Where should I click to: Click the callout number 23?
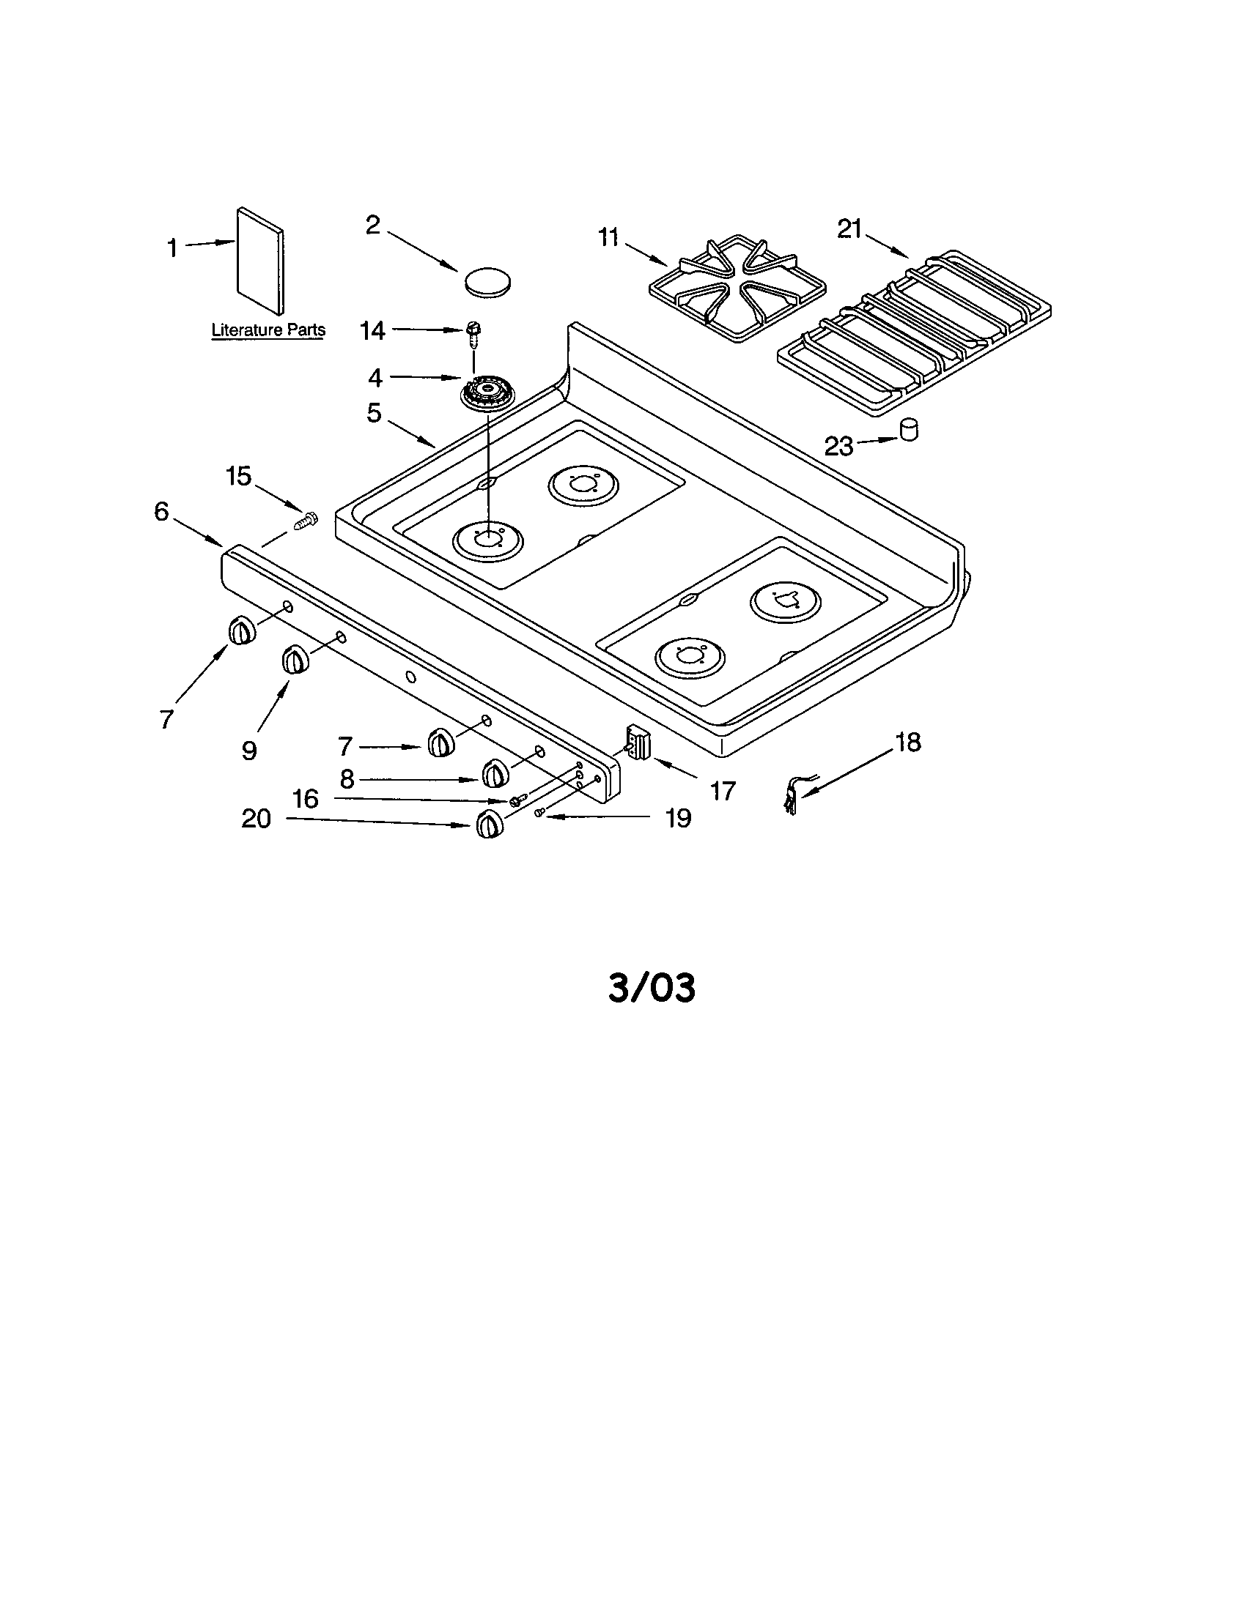pos(838,446)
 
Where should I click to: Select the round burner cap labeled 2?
pos(488,283)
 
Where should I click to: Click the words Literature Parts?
pos(268,330)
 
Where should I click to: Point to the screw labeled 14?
pos(473,335)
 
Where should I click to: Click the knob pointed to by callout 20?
pos(488,823)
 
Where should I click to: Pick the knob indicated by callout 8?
pos(495,774)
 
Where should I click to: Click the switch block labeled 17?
pos(636,740)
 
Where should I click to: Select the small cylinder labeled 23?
pos(910,429)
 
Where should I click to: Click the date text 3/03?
pos(652,988)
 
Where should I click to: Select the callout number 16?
pos(305,798)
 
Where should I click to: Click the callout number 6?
pos(162,511)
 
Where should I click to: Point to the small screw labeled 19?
pos(539,811)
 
